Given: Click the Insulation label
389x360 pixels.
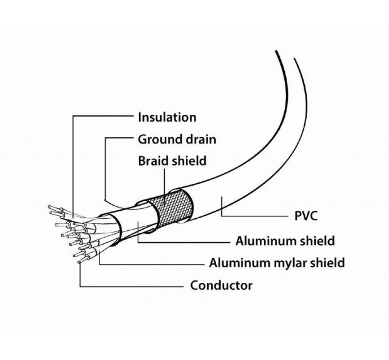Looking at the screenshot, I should tap(167, 117).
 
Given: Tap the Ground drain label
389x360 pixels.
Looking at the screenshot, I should tap(177, 139).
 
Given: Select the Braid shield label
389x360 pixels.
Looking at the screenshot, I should tap(172, 161).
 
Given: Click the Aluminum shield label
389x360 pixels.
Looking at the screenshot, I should tap(285, 240).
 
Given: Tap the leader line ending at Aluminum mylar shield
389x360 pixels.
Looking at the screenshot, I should tap(154, 263).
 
